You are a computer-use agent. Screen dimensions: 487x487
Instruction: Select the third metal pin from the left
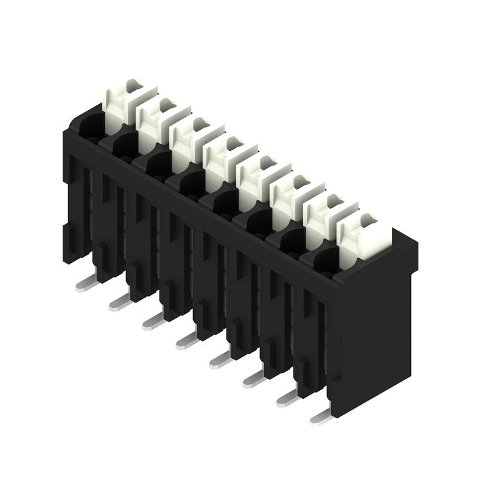click(x=153, y=320)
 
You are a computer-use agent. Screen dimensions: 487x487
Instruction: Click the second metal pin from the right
click(x=288, y=398)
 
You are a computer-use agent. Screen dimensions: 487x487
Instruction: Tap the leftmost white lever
click(x=125, y=103)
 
